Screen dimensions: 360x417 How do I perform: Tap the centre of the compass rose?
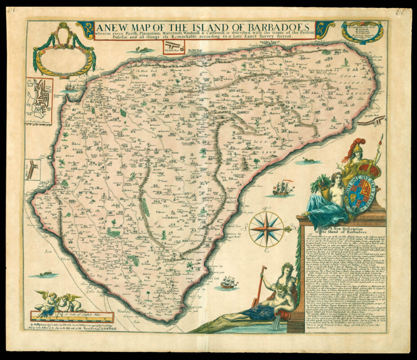266,229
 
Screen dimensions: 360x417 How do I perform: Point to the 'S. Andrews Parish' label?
283,146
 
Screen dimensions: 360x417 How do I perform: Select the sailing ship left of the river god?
229,282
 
